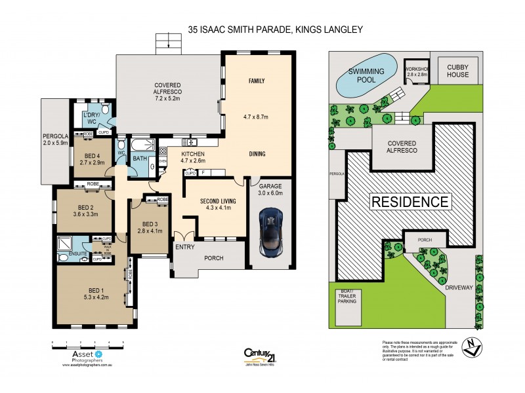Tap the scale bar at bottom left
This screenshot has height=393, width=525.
[89, 343]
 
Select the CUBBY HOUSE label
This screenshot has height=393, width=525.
[458, 71]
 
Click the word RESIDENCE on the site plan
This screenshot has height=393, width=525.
[410, 202]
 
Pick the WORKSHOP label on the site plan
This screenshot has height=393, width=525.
[417, 68]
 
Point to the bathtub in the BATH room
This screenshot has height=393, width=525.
[140, 145]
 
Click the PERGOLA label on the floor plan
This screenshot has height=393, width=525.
[54, 136]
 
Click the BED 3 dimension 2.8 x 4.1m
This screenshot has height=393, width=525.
[146, 231]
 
